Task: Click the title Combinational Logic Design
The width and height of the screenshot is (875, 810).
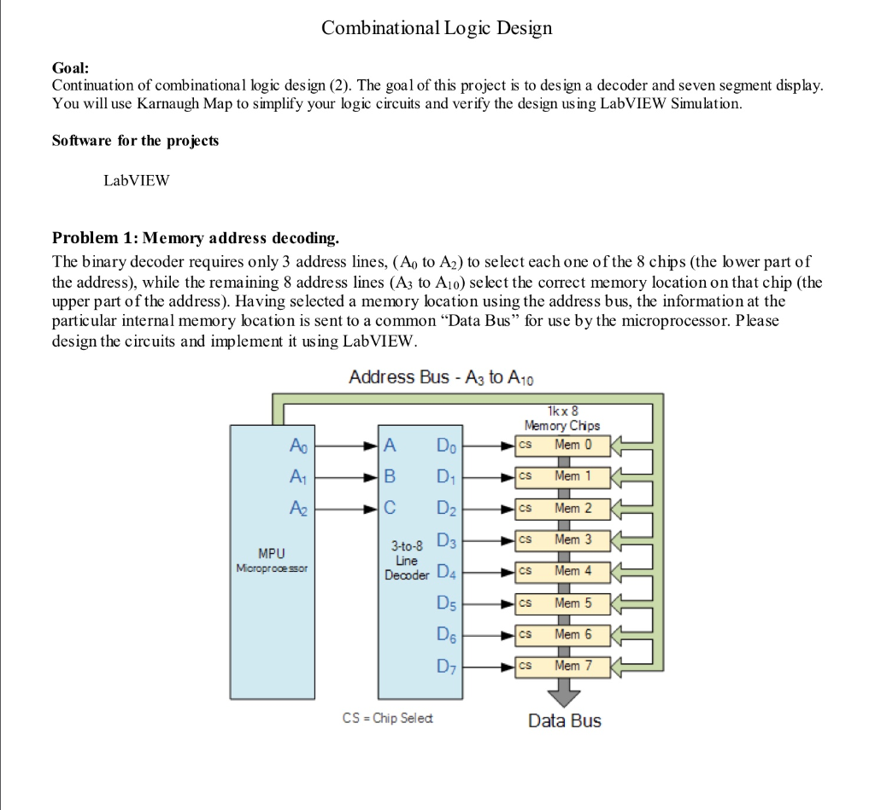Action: [x=437, y=28]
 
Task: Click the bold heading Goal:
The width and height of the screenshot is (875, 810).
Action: [x=70, y=67]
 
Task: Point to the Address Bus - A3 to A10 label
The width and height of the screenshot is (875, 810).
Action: [x=442, y=377]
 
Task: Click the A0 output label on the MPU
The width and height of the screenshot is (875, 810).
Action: [x=296, y=445]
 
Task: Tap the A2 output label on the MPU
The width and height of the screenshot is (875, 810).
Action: [x=296, y=509]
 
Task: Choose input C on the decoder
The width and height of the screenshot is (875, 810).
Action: [x=391, y=509]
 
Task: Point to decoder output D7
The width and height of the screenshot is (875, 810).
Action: [x=446, y=666]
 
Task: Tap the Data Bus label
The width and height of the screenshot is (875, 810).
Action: [x=564, y=721]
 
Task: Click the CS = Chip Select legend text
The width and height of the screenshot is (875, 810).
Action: [x=387, y=719]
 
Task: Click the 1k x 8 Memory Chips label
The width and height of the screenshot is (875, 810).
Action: [x=561, y=417]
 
